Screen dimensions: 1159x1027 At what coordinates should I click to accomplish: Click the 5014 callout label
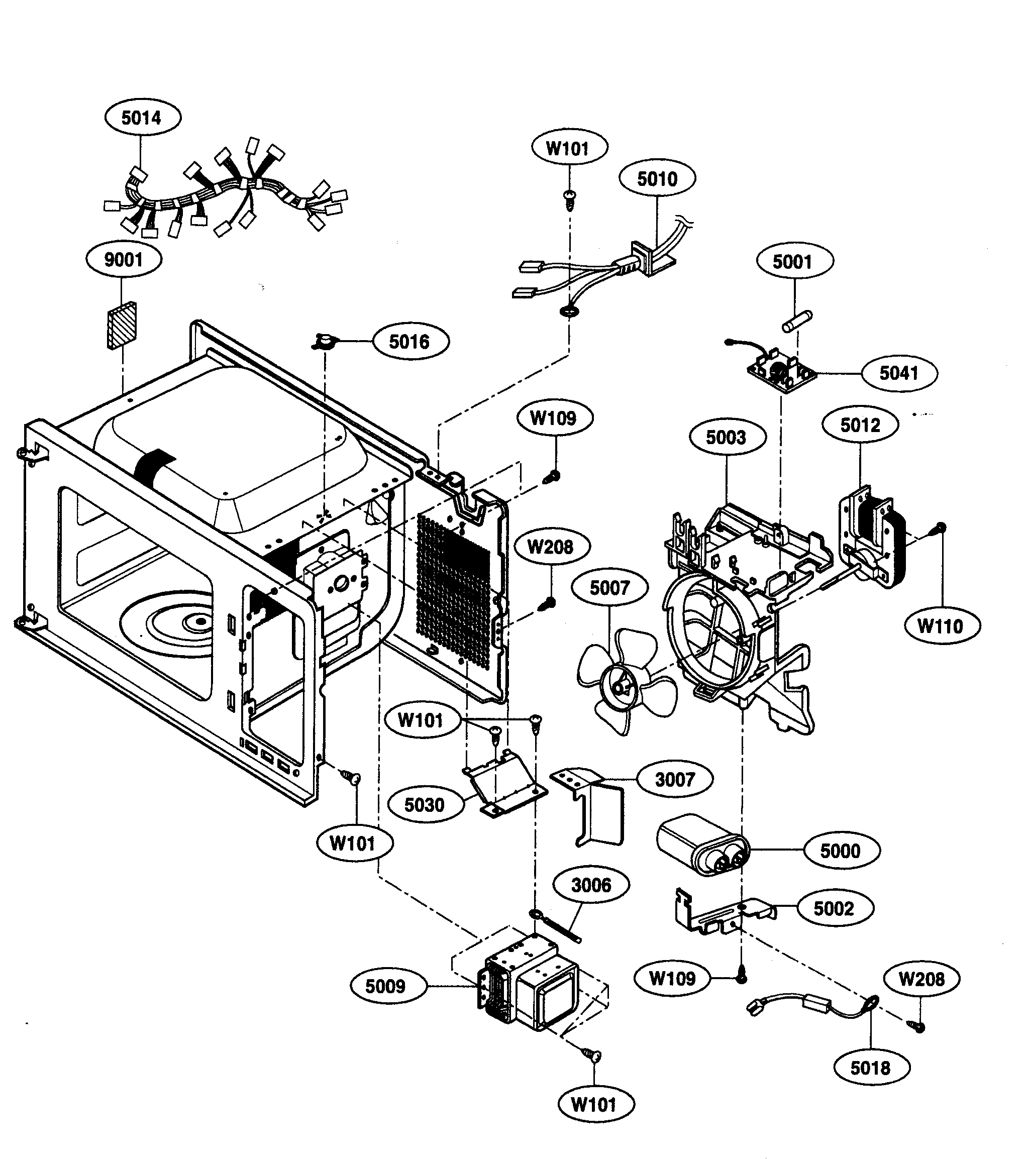tap(142, 118)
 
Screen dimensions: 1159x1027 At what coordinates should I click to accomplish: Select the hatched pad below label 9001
tap(122, 326)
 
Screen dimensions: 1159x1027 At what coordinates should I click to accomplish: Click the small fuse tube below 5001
tap(797, 322)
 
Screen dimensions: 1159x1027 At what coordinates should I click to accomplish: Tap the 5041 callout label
tap(899, 373)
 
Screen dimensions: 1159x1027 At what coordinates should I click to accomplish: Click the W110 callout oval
tap(940, 626)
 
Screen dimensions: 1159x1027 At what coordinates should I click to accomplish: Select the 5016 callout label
tap(409, 342)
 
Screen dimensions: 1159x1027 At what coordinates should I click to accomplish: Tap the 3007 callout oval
tap(675, 780)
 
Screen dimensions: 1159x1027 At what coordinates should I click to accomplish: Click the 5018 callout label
tap(871, 1068)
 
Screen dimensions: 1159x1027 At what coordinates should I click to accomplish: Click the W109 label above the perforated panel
tap(554, 418)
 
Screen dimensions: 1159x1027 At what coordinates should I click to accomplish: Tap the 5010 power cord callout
tap(657, 179)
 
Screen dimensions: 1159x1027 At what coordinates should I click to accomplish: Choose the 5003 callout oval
tap(727, 437)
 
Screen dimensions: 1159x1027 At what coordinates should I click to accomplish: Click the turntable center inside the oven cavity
tap(199, 622)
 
